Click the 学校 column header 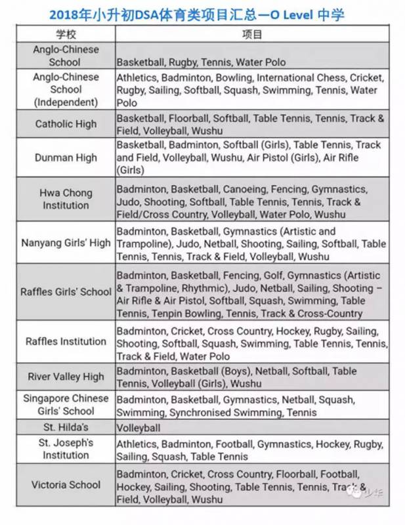[66, 34]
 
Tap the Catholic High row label [66, 124]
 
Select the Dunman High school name [66, 157]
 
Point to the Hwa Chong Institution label [66, 199]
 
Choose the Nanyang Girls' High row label [66, 243]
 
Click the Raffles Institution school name [66, 341]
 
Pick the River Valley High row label [66, 377]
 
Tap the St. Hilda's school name [66, 427]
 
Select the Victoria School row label [66, 485]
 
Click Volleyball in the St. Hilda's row [139, 428]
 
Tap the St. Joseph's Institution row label [66, 450]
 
